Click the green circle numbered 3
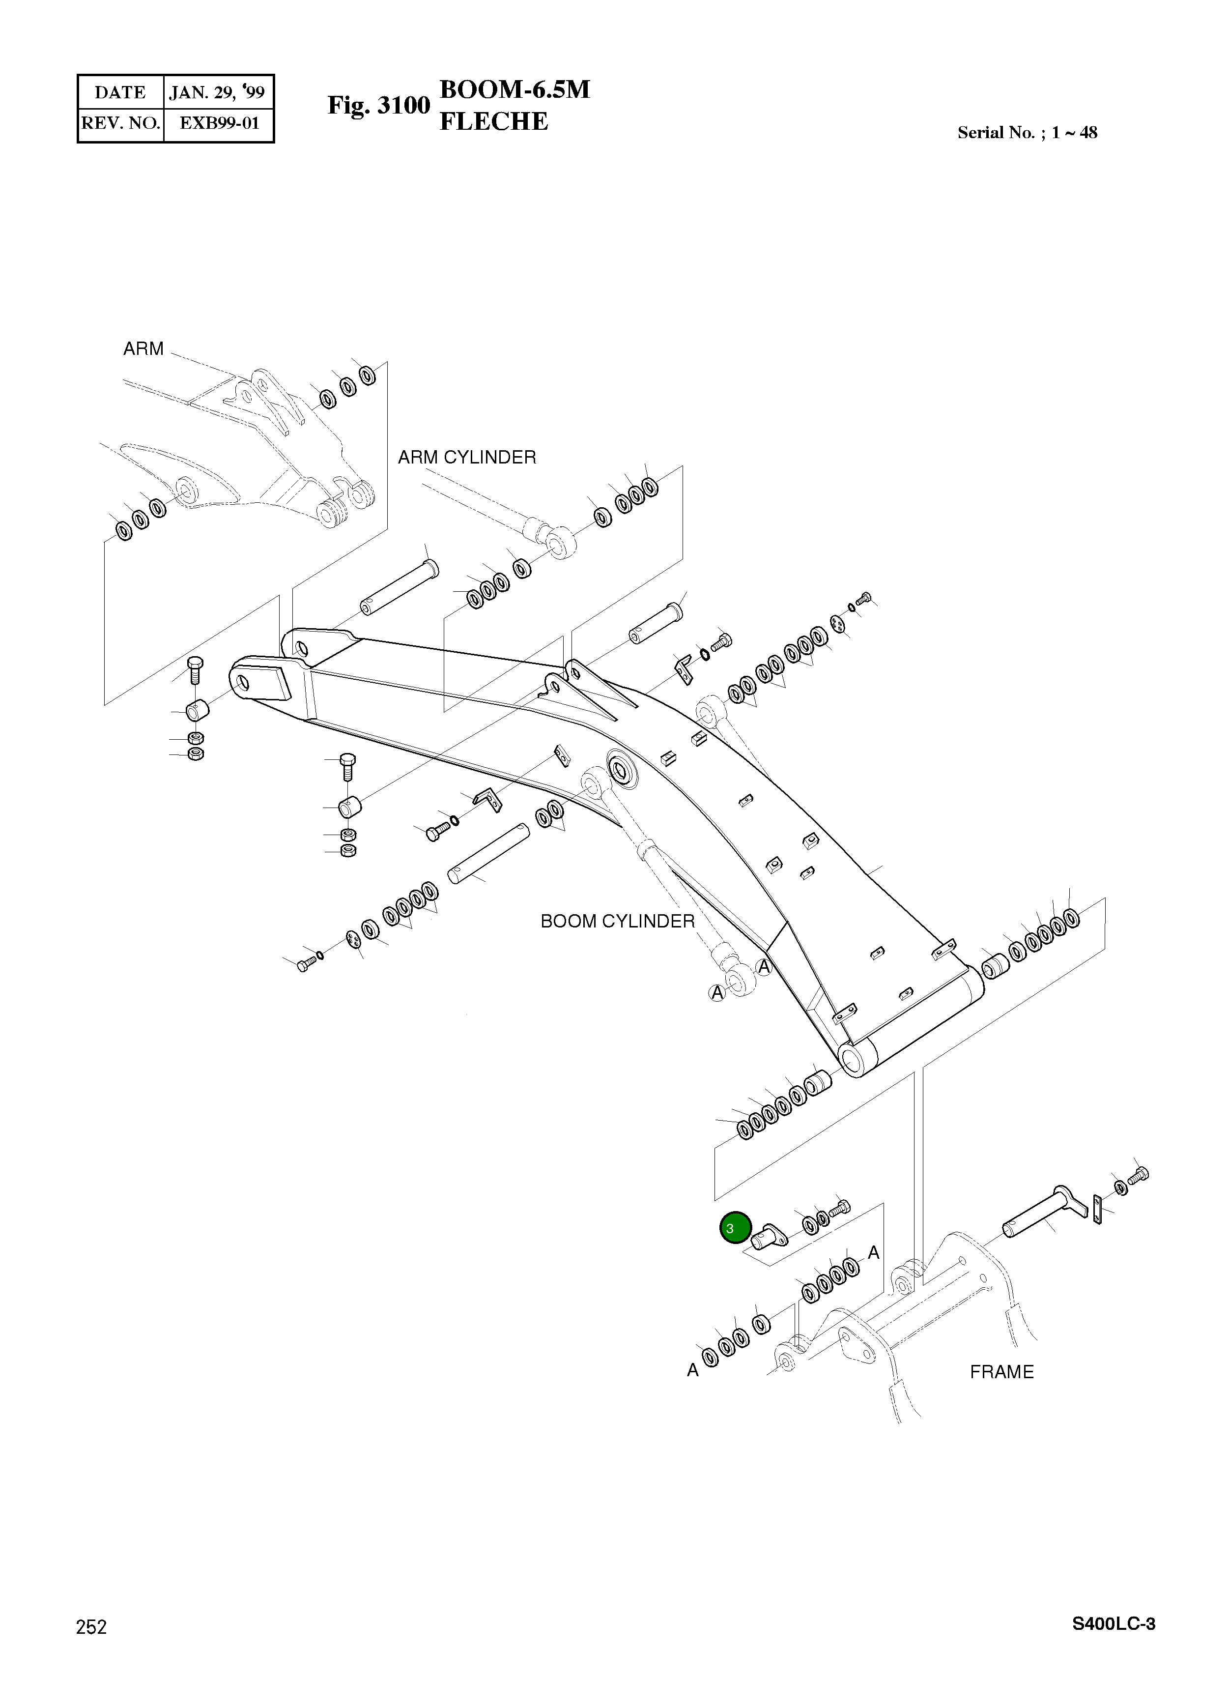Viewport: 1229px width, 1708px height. [735, 1227]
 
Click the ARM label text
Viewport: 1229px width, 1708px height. [143, 348]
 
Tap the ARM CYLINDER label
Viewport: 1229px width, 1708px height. [467, 457]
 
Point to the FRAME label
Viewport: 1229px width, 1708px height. [1001, 1372]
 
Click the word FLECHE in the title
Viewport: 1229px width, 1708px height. [493, 121]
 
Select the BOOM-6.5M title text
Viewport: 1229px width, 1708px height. [514, 89]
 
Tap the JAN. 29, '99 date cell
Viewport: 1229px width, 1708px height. [218, 92]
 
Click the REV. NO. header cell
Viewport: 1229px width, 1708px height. [120, 123]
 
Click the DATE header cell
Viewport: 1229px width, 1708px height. [120, 92]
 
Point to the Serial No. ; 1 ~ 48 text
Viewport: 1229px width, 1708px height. [1027, 133]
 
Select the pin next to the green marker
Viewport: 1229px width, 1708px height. [768, 1236]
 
